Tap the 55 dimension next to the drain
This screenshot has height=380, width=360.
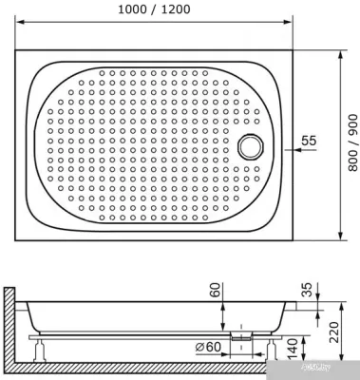tap(308, 141)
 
